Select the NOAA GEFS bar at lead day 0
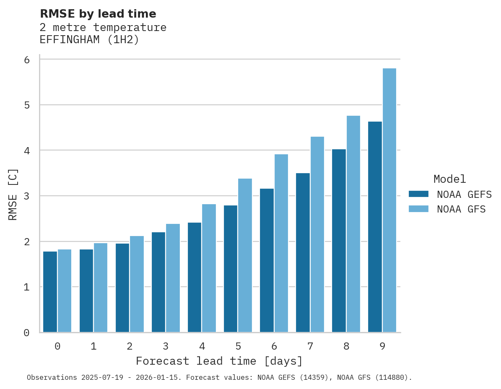click(x=50, y=292)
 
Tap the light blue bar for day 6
click(x=281, y=243)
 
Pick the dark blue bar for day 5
click(x=231, y=269)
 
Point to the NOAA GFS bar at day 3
click(x=173, y=278)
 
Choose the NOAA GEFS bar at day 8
click(x=339, y=241)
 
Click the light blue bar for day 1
click(x=101, y=288)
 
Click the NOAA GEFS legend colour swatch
click(x=418, y=194)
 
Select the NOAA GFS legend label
click(x=461, y=209)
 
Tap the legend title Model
click(x=449, y=179)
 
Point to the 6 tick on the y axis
click(x=27, y=60)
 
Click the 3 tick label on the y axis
click(x=27, y=196)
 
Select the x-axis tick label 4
click(x=202, y=347)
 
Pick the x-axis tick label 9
click(x=382, y=347)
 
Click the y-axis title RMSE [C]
click(x=13, y=194)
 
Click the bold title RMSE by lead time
click(x=98, y=14)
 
